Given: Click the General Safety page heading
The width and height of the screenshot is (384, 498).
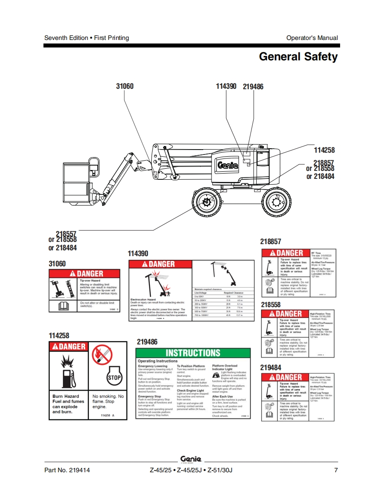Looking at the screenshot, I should click(x=298, y=57).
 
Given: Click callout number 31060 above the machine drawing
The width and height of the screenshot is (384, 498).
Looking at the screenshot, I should click(x=125, y=86).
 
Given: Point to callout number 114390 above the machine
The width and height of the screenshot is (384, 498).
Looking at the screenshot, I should click(x=226, y=86).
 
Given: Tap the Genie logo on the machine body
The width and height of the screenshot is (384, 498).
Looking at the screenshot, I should click(x=227, y=165).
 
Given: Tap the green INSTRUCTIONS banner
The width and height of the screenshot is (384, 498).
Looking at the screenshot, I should click(x=193, y=353).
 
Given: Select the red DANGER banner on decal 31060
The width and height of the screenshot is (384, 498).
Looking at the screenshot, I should click(x=84, y=274).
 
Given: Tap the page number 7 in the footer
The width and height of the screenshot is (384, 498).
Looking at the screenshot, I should click(x=336, y=470).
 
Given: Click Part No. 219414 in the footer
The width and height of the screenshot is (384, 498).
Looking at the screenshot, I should click(x=67, y=470).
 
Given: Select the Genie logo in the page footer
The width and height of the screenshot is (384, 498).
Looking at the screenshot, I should click(x=191, y=459).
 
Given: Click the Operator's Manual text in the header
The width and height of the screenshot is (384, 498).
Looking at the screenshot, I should click(x=312, y=38).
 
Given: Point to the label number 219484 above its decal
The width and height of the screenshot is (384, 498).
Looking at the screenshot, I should click(x=270, y=368).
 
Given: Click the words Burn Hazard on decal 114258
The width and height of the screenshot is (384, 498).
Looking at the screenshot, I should click(x=66, y=396).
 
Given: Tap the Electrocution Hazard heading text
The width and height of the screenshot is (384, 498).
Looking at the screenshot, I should click(x=143, y=300).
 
